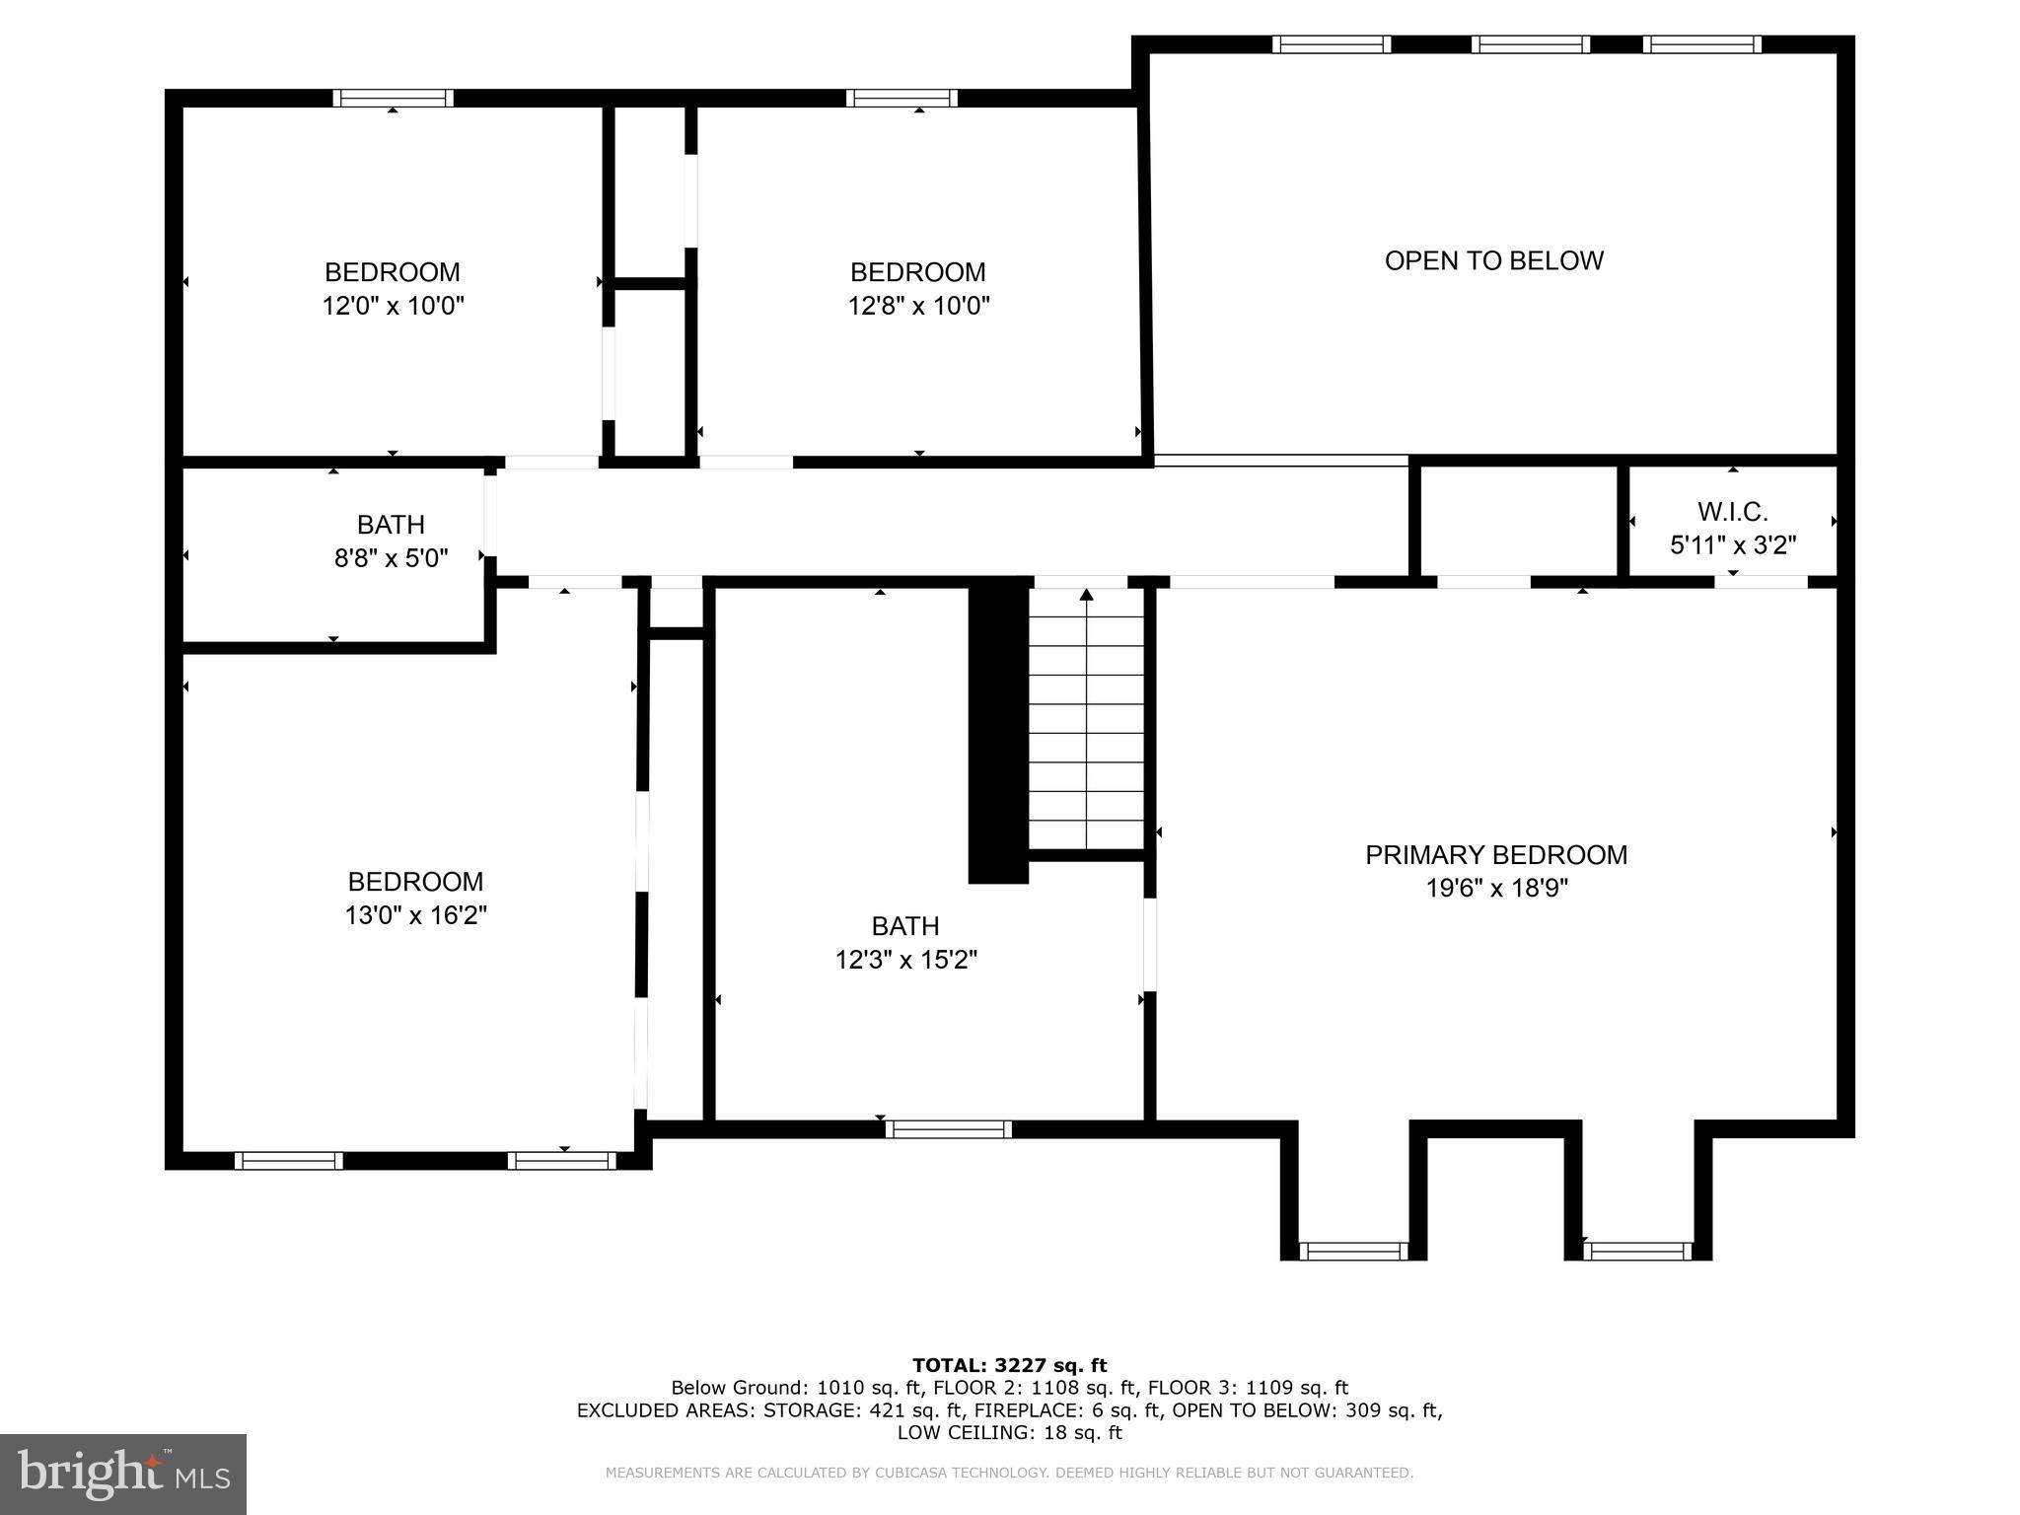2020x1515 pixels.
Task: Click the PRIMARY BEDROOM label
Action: pos(1495,855)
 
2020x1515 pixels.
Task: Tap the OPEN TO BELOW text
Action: pos(1493,260)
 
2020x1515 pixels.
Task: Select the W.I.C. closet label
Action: pos(1732,512)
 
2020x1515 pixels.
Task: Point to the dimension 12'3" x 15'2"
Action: pos(905,960)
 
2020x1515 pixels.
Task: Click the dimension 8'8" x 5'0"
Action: pos(391,558)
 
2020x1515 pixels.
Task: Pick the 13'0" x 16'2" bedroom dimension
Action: pos(415,915)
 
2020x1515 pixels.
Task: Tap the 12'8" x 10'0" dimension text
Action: pos(918,306)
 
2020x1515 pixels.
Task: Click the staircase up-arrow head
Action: pos(1086,595)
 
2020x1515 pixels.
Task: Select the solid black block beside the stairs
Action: pos(998,730)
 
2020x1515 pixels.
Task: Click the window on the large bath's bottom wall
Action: pos(948,1129)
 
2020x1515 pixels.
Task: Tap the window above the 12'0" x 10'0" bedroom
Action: pos(393,98)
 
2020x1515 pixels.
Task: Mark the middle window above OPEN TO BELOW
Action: pos(1530,44)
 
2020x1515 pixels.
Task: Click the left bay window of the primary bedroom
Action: pos(1352,1251)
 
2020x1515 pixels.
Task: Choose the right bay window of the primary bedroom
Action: pos(1637,1251)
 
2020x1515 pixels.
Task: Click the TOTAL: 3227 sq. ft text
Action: pos(1009,1365)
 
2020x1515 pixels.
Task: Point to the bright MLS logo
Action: pos(122,1474)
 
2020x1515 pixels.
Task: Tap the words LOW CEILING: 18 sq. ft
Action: pos(1009,1432)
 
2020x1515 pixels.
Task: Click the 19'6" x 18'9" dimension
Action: pos(1495,889)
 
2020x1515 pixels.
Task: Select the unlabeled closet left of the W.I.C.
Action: pos(1518,520)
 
